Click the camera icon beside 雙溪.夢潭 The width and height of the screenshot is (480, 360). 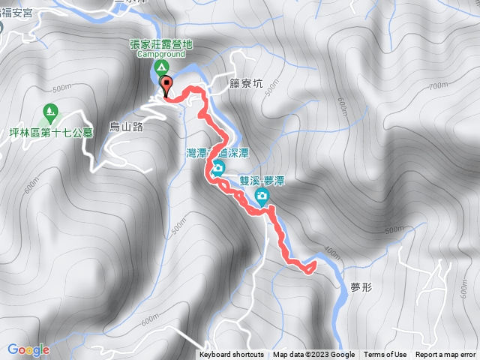pyautogui.click(x=262, y=197)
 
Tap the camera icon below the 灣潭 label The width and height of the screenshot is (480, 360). pyautogui.click(x=217, y=168)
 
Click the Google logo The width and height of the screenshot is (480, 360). pyautogui.click(x=28, y=349)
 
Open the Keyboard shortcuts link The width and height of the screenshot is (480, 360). pyautogui.click(x=232, y=355)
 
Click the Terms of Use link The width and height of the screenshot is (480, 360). pyautogui.click(x=385, y=355)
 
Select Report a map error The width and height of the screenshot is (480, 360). pyautogui.click(x=445, y=355)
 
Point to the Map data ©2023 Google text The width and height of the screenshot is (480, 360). pyautogui.click(x=313, y=355)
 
